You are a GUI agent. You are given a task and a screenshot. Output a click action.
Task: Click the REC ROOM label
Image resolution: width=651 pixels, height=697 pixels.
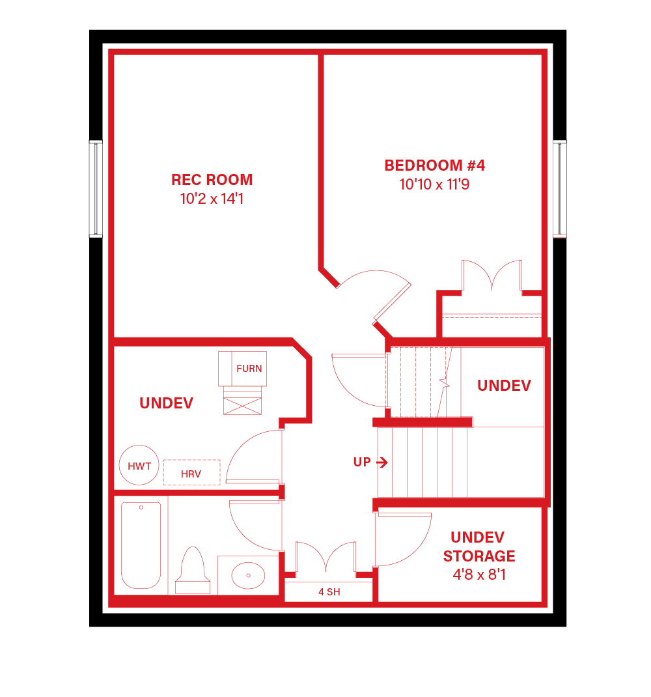(212, 180)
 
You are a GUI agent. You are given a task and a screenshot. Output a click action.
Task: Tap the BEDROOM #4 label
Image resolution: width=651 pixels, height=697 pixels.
(434, 165)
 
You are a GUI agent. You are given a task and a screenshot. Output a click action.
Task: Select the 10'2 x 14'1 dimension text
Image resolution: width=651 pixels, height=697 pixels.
(212, 199)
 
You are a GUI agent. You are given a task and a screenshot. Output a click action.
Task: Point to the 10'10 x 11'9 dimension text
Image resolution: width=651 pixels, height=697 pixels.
(434, 184)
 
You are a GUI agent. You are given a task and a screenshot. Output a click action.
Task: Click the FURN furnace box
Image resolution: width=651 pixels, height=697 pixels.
(249, 369)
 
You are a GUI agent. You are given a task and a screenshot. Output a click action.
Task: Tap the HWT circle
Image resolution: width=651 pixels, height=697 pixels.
(139, 466)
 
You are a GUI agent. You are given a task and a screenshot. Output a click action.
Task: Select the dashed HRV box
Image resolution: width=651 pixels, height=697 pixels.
(191, 473)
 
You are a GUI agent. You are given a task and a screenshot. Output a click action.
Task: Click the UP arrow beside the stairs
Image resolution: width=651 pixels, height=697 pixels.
(381, 462)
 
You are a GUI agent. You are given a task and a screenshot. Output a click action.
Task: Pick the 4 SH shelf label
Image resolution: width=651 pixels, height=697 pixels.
(329, 592)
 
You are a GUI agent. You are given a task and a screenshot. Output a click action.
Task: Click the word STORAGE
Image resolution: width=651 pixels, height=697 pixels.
(479, 556)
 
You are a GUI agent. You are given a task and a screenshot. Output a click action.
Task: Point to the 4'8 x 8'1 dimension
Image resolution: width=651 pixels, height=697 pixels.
(479, 575)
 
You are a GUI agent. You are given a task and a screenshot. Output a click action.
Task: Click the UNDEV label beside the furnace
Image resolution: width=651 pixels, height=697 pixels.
(166, 403)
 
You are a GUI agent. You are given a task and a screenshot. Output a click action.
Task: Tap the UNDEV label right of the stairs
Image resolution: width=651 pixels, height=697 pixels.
(504, 386)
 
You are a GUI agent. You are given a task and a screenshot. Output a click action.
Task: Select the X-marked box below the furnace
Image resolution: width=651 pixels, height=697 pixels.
(242, 402)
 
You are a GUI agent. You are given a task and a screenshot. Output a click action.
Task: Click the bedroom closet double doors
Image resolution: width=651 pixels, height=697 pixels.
(492, 275)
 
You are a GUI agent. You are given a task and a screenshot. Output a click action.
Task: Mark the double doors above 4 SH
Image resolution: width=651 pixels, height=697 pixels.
(325, 558)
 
